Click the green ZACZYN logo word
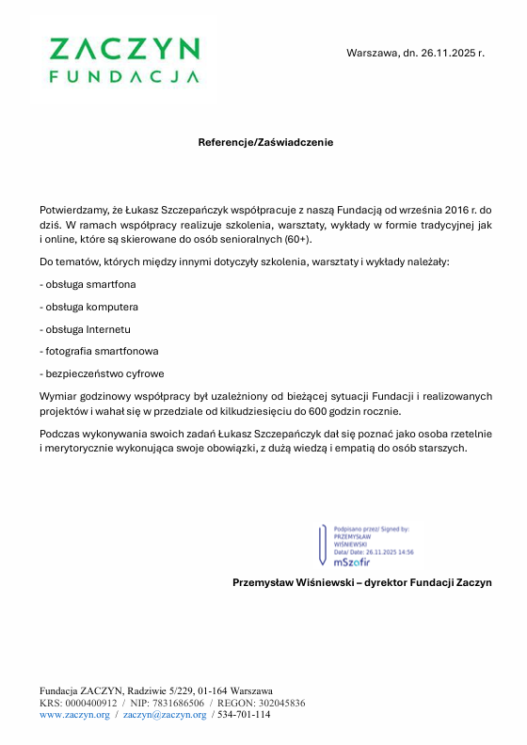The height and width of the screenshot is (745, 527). point(123,49)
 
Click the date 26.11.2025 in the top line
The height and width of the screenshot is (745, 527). point(447,53)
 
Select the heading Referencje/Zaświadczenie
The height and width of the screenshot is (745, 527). point(264,142)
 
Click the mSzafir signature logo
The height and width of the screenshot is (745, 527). point(354,561)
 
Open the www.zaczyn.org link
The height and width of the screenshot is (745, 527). point(73,715)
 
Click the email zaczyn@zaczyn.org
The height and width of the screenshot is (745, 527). point(165,715)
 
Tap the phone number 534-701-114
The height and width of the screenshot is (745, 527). point(244,715)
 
